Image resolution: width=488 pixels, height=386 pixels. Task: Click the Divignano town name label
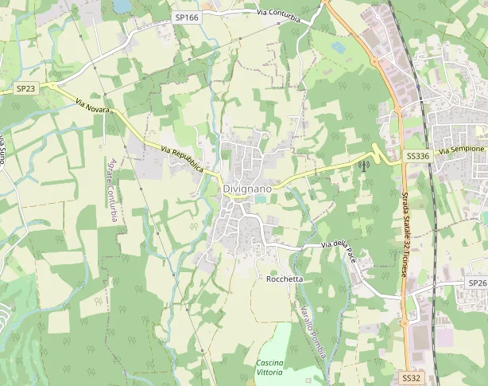click(247, 189)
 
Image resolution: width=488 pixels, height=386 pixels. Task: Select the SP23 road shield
click(25, 88)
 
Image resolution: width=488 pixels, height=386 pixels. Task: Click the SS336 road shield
click(417, 156)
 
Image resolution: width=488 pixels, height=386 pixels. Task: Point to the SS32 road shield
click(411, 377)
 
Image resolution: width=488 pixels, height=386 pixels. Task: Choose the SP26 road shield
click(476, 283)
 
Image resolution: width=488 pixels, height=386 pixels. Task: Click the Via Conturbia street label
click(278, 14)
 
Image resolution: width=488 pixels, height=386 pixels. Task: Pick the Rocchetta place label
click(285, 279)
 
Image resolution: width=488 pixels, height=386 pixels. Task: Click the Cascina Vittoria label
click(269, 368)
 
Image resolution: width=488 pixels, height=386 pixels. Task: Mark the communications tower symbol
click(363, 166)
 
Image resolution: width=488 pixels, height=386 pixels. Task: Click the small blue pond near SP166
click(122, 6)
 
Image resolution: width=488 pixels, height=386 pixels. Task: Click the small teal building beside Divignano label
click(261, 199)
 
